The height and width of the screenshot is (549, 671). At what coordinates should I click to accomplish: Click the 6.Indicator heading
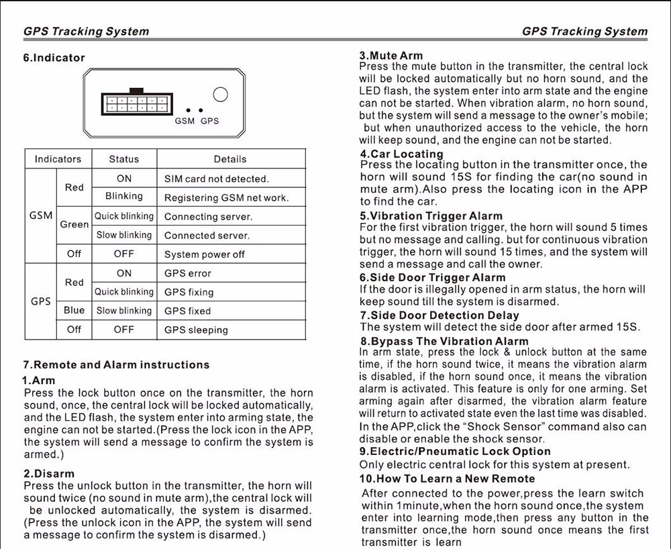54,58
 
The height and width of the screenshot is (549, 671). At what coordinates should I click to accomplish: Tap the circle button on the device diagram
219,95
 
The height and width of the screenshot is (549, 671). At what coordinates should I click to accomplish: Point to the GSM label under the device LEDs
185,121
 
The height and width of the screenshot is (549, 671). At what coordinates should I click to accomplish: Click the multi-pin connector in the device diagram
136,103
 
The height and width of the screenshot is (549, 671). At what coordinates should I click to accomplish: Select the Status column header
124,159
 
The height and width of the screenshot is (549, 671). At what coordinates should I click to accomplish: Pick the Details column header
230,159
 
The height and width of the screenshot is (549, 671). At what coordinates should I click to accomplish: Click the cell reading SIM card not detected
216,179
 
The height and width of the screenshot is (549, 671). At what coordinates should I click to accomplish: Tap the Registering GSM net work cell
226,198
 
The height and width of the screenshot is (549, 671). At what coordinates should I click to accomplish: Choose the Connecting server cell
208,217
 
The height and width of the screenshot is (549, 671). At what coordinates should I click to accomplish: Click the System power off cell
205,254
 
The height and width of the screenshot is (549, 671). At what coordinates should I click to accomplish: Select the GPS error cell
188,273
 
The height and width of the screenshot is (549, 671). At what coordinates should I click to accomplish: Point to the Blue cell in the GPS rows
74,311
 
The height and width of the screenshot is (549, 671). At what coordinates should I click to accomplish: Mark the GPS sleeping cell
196,330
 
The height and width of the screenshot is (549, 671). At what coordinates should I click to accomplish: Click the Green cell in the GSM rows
74,225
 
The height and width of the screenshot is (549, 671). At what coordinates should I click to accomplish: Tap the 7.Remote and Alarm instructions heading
116,365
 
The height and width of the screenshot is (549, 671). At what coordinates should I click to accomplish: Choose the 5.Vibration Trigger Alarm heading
431,216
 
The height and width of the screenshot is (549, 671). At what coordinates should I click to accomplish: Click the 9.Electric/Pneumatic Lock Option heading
455,452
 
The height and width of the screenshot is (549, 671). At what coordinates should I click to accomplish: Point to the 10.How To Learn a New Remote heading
447,479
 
